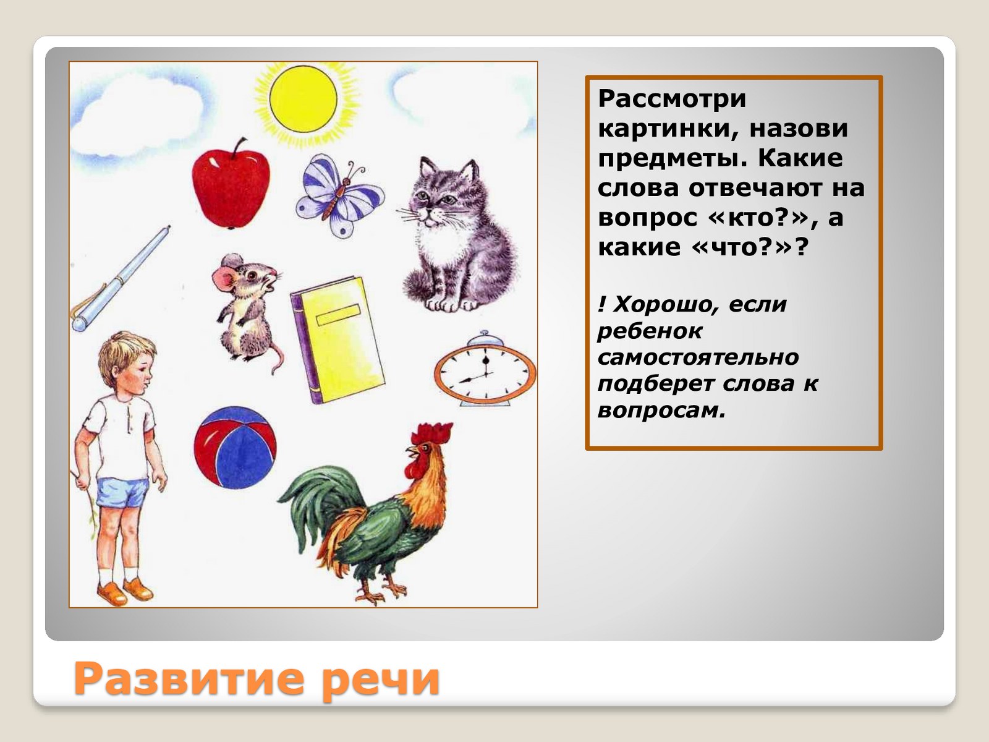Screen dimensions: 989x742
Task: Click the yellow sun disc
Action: [x=303, y=99]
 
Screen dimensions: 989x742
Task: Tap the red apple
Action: [x=231, y=186]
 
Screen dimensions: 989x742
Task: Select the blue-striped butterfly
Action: [x=339, y=195]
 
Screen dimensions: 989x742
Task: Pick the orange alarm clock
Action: [x=485, y=369]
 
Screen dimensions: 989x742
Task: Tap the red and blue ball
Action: [x=236, y=447]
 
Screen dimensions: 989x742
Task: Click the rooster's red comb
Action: [x=431, y=433]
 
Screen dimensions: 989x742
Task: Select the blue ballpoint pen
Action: [x=121, y=278]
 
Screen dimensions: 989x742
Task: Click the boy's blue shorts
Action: [x=122, y=493]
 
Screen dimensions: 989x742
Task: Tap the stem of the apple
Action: [x=239, y=148]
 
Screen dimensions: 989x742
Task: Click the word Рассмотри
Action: [x=672, y=99]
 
